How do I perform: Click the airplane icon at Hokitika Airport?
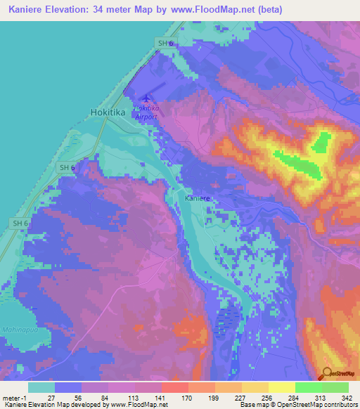[146, 98]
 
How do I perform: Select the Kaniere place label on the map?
[198, 199]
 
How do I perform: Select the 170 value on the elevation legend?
[188, 397]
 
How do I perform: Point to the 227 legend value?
[241, 397]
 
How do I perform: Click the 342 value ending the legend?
[348, 397]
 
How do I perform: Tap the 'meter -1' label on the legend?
[15, 397]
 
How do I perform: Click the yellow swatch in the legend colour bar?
[281, 387]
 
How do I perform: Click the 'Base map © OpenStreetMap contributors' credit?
[295, 405]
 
